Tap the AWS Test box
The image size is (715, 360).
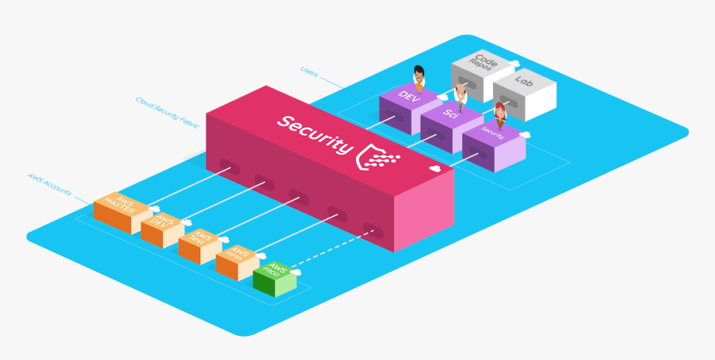point(200,244)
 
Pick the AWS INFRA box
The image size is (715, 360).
point(237,261)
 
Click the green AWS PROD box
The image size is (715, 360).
point(274,278)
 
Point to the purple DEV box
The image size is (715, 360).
point(407,105)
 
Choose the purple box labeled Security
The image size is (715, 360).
point(493,141)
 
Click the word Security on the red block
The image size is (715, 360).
point(315,134)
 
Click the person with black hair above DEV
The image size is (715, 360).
point(419,76)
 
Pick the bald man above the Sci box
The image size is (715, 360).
point(461,93)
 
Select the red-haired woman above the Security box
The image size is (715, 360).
point(500,114)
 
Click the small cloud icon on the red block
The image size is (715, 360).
point(435,169)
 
